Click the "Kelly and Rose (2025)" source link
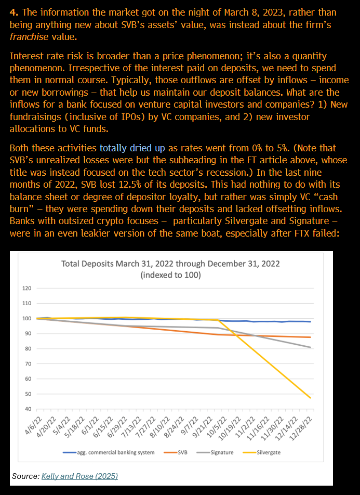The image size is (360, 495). (79, 476)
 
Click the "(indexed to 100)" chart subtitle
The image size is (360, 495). (170, 275)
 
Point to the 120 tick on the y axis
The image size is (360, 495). (26, 288)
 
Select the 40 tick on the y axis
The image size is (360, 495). (28, 409)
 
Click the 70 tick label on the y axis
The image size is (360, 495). (28, 364)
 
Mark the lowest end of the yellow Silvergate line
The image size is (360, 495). (311, 398)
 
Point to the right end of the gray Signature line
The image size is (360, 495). (311, 347)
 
